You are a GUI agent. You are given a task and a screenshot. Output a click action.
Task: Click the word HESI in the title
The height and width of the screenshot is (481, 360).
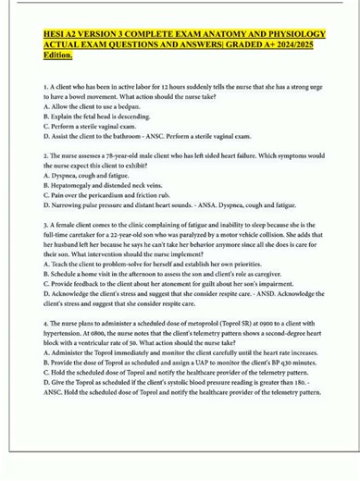56,36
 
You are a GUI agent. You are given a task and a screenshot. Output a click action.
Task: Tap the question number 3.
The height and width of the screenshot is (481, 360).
44,225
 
